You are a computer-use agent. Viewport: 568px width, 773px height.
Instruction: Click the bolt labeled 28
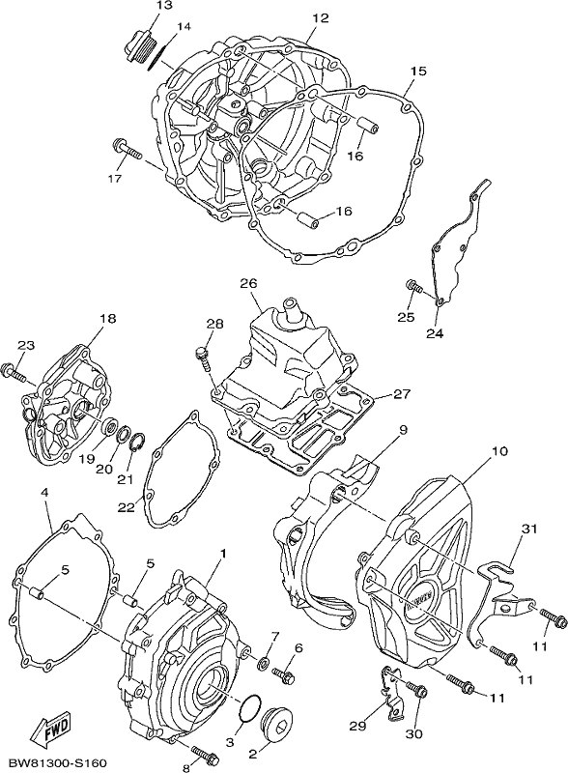[204, 361]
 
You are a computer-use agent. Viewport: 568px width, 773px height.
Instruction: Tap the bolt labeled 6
[283, 673]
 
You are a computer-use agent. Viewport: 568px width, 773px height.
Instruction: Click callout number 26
[249, 284]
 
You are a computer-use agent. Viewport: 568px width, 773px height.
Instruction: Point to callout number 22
[127, 507]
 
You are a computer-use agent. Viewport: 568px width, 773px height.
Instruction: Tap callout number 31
[528, 530]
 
